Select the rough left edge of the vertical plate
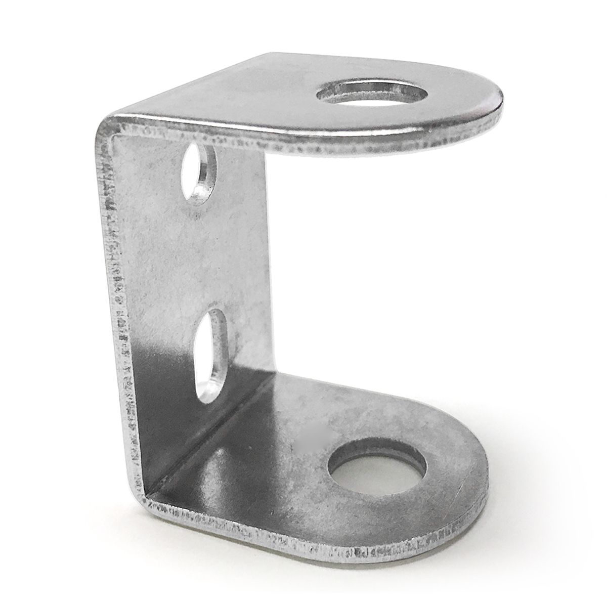115,303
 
